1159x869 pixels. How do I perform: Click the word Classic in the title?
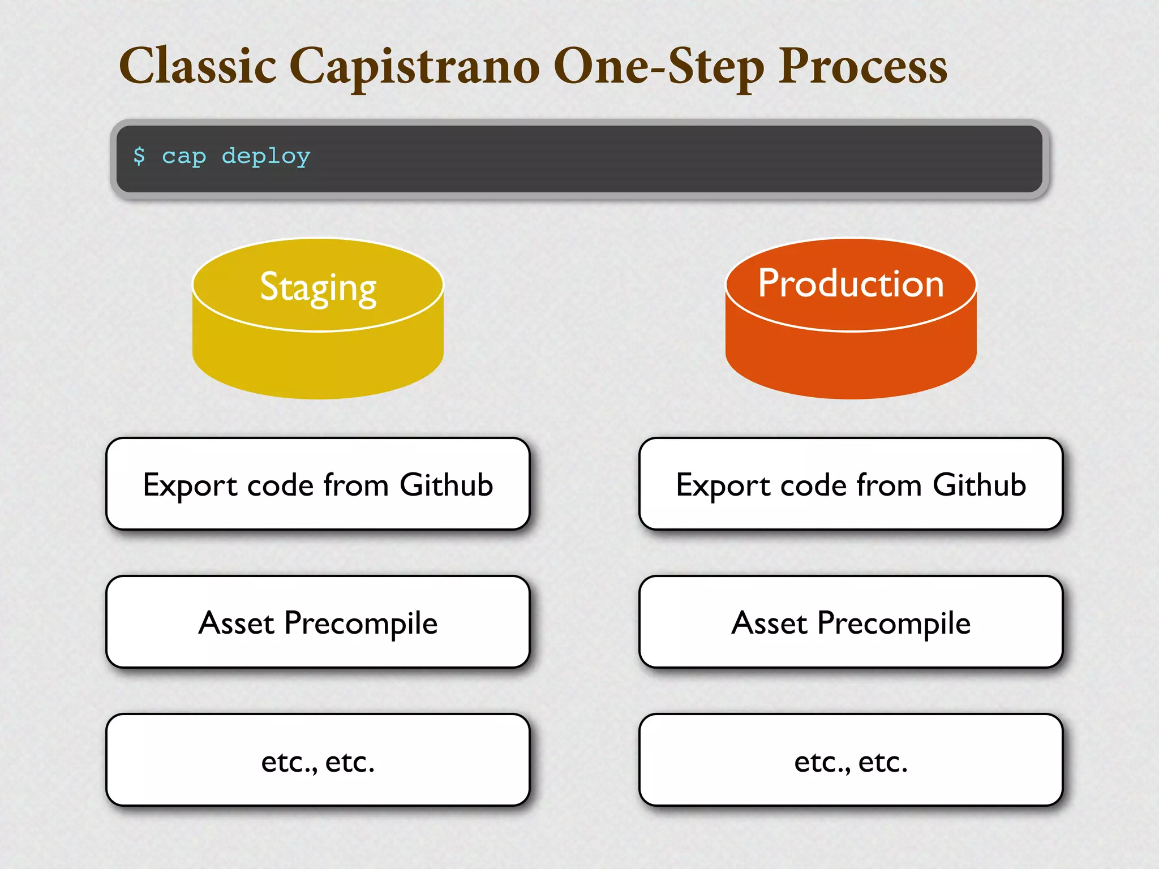click(x=198, y=66)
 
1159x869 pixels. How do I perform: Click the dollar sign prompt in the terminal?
click(x=139, y=156)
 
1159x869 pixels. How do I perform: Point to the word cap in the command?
click(x=184, y=157)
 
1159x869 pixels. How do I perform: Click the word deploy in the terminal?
click(x=266, y=157)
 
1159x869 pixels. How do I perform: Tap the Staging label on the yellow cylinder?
click(x=318, y=287)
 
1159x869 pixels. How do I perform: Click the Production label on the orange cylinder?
click(x=851, y=283)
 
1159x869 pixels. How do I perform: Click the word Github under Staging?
click(x=446, y=485)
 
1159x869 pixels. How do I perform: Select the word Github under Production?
click(x=979, y=485)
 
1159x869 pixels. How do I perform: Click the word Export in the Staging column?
click(x=190, y=486)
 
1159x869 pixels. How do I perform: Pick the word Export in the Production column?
click(x=723, y=486)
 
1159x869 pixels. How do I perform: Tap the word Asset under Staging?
click(x=236, y=623)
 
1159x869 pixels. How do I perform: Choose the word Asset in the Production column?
click(x=769, y=623)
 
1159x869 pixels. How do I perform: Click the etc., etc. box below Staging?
click(x=317, y=760)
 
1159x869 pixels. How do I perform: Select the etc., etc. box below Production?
click(x=851, y=760)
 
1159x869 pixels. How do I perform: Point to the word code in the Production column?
click(x=813, y=485)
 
